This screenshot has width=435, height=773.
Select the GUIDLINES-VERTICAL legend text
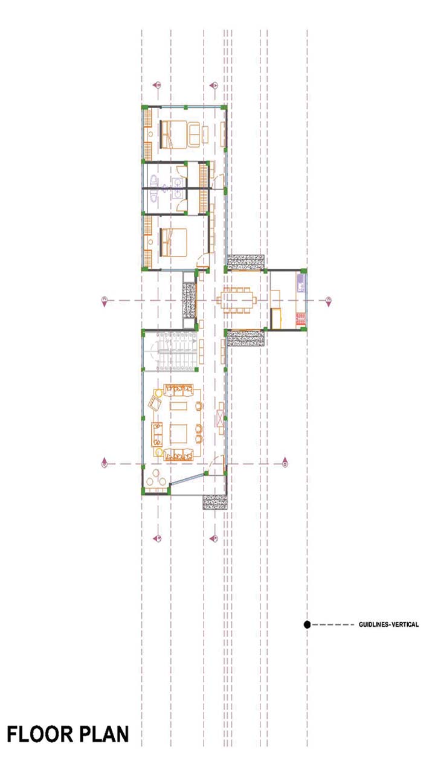tap(388, 624)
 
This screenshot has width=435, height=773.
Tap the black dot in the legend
tap(307, 624)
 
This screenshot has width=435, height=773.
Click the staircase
tap(175, 351)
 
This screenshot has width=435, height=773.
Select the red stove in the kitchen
tap(300, 319)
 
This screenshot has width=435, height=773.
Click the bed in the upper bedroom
tap(175, 134)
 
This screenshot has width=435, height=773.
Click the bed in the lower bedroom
tap(173, 242)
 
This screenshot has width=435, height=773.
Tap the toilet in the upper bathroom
tap(154, 179)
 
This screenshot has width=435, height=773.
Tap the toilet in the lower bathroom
tap(154, 196)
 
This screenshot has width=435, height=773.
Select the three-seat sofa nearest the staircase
tap(179, 391)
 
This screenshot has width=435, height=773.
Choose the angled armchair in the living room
tap(155, 403)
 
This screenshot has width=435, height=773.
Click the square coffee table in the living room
tap(178, 434)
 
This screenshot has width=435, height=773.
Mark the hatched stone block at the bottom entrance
tap(215, 502)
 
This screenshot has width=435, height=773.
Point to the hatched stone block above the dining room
tap(246, 262)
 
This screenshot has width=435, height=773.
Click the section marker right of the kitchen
tap(328, 301)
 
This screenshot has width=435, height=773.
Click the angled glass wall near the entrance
tap(187, 480)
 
